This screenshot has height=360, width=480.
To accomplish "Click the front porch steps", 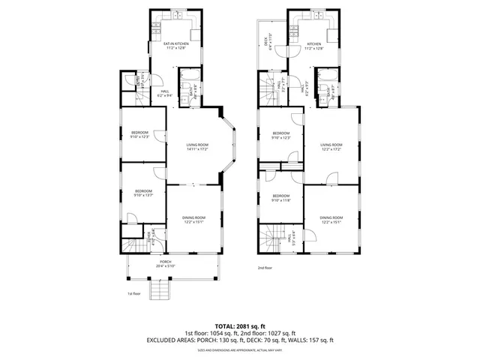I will pos(160,289).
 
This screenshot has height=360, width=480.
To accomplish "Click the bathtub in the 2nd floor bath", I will pos(326,76).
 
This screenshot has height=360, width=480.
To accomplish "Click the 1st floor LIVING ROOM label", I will pos(196,145).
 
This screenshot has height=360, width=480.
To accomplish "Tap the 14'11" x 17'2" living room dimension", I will pos(196,149).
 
